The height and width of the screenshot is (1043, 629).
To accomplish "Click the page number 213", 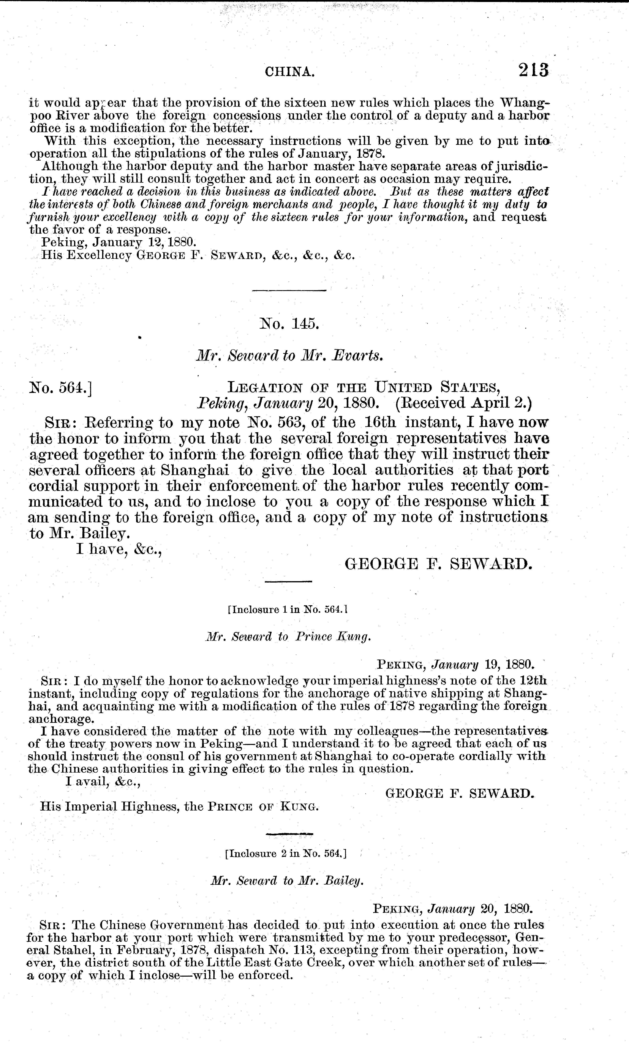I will click(x=532, y=70).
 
